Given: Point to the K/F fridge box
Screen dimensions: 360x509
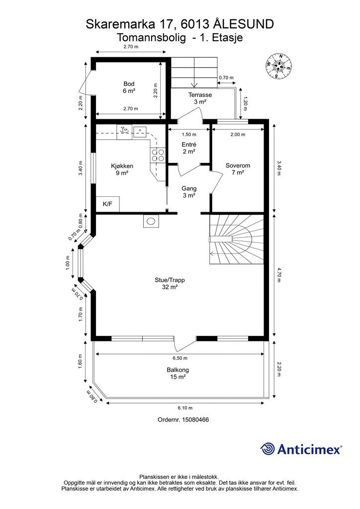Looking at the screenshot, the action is click(108, 204).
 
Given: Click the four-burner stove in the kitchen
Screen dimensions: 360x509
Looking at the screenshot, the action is click(158, 155).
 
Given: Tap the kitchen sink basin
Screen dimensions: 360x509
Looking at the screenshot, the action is click(140, 131).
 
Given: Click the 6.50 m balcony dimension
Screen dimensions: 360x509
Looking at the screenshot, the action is click(180, 358).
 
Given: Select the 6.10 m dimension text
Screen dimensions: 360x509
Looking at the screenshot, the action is click(185, 408).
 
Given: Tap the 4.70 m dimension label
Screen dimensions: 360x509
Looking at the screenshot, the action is click(278, 275).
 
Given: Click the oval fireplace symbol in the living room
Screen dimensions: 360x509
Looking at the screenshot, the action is click(151, 221).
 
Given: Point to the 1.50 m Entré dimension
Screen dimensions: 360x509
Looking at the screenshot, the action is click(189, 134).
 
